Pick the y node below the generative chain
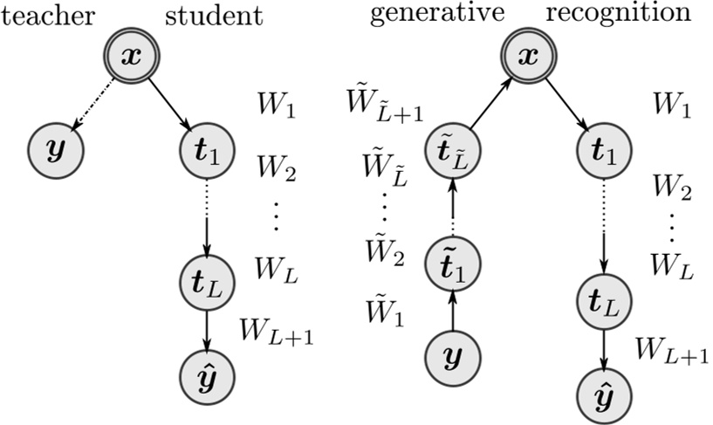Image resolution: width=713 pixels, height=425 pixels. coord(451,357)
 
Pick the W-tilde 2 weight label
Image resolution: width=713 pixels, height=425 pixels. coord(385,255)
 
